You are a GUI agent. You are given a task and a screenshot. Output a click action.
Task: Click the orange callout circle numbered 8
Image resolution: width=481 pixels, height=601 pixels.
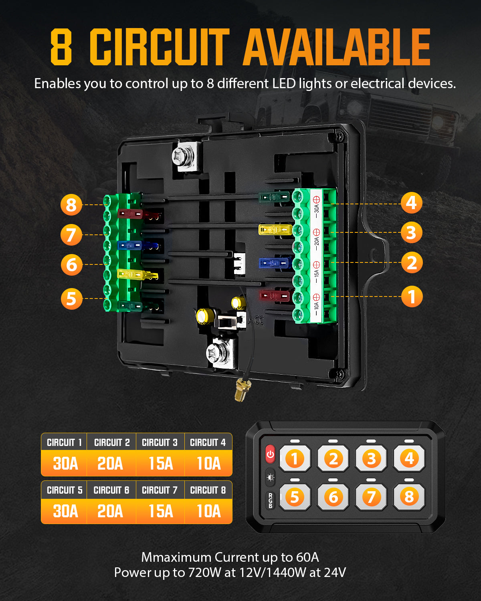pyautogui.click(x=71, y=205)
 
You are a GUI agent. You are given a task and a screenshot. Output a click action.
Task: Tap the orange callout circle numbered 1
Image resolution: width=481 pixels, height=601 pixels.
pyautogui.click(x=412, y=296)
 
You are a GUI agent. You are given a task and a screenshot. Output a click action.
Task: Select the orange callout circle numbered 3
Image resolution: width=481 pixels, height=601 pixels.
pyautogui.click(x=411, y=232)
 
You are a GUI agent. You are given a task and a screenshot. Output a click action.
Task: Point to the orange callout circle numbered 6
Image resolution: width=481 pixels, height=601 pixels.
pyautogui.click(x=71, y=265)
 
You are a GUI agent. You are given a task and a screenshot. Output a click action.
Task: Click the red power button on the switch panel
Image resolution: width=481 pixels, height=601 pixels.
pyautogui.click(x=270, y=454)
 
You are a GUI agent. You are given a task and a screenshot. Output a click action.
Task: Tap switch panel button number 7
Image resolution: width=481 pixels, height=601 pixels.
pyautogui.click(x=371, y=497)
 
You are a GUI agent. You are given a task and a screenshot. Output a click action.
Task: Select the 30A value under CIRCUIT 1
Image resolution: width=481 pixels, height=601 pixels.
pyautogui.click(x=65, y=464)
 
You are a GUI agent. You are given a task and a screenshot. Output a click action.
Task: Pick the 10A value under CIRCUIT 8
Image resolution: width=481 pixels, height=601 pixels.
pyautogui.click(x=208, y=511)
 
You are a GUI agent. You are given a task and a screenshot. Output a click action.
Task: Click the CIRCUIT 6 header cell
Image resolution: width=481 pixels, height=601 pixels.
pyautogui.click(x=111, y=490)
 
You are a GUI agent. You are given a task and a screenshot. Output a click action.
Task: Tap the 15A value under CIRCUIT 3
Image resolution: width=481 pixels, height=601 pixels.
pyautogui.click(x=160, y=464)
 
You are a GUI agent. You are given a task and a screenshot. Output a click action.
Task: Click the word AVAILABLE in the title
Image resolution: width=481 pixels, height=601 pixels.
pyautogui.click(x=336, y=47)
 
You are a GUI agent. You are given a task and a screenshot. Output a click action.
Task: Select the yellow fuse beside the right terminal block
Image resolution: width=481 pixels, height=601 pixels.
pyautogui.click(x=275, y=230)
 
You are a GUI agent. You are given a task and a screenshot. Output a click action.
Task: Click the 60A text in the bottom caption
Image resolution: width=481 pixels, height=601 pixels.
pyautogui.click(x=307, y=557)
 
